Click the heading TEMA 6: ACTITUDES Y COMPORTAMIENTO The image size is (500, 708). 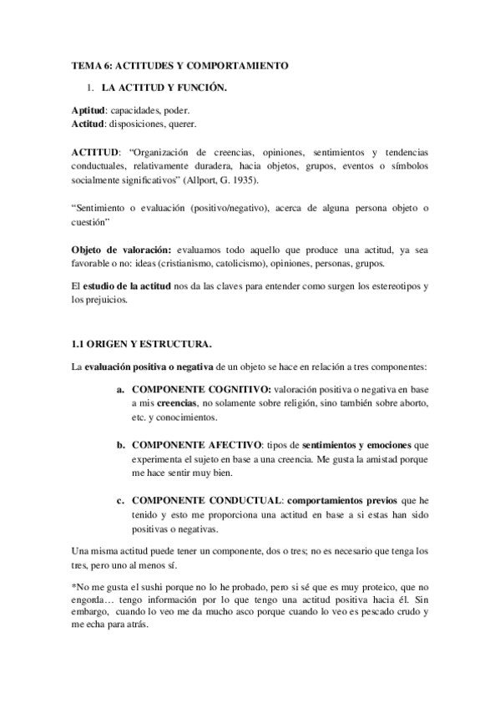pyautogui.click(x=179, y=64)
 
